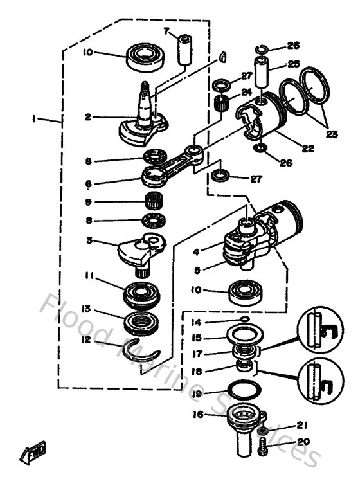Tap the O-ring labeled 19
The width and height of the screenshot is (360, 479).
pyautogui.click(x=244, y=388)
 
